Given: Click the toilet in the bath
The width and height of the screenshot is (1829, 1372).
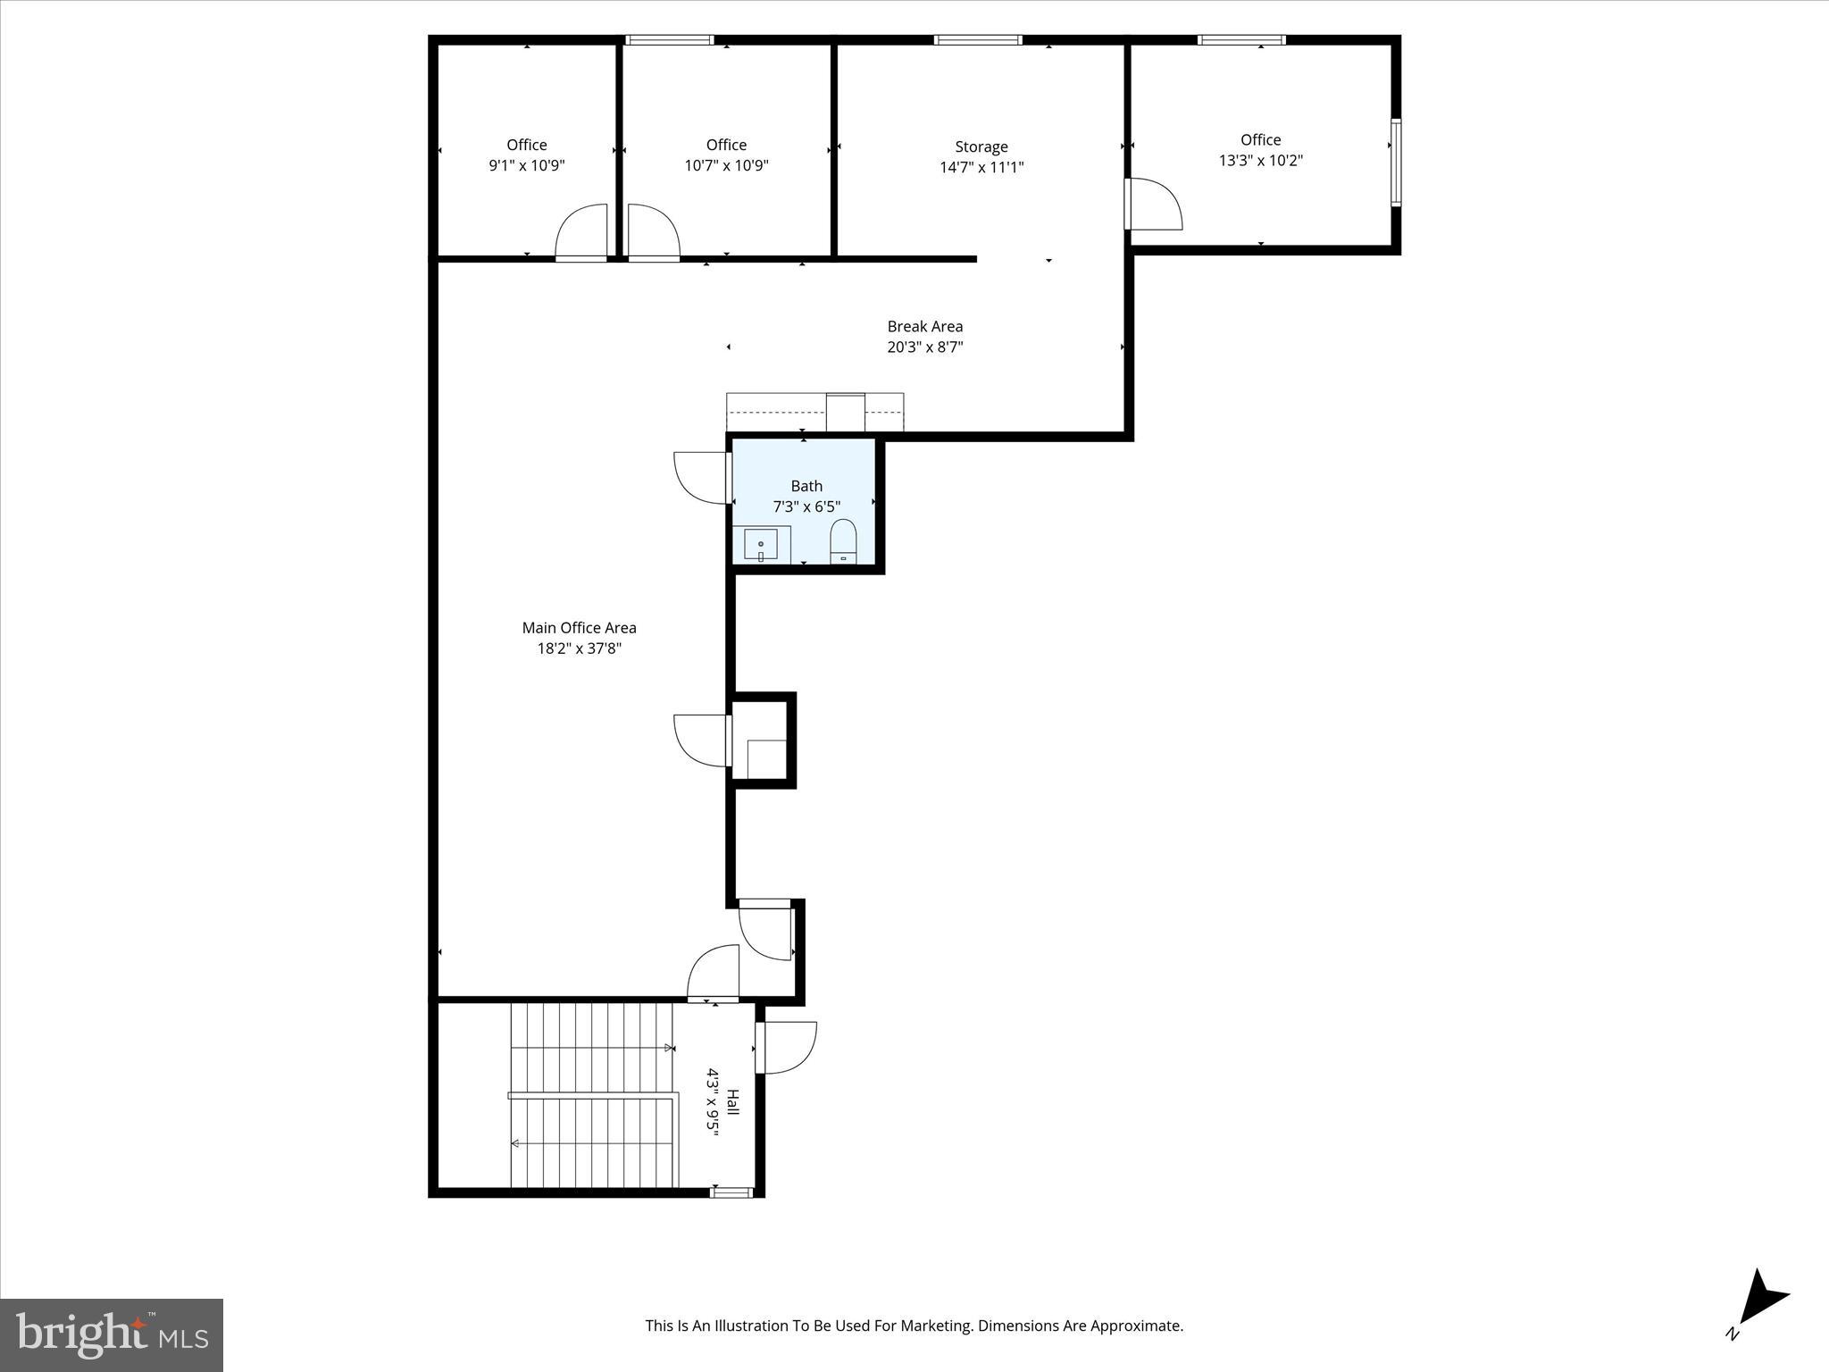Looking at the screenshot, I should [843, 541].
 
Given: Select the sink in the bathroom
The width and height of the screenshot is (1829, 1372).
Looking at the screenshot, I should [761, 544].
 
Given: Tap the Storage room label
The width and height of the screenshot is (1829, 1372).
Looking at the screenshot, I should [981, 146].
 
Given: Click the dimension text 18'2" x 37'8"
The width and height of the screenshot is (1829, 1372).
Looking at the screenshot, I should [579, 648].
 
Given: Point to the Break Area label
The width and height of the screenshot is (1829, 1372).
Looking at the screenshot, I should [924, 326].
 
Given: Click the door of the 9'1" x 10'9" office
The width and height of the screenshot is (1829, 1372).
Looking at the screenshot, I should [581, 233].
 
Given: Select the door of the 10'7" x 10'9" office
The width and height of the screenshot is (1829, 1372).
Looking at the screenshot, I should [654, 233].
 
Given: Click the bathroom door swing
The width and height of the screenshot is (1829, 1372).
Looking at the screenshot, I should [703, 478].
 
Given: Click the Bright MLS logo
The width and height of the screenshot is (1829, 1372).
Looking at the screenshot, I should [112, 1334].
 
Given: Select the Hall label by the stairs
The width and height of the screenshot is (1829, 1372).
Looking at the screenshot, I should [733, 1100].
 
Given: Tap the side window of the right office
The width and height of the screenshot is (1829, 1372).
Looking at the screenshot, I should [1395, 163].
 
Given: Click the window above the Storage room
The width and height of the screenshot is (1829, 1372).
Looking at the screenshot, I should [978, 40].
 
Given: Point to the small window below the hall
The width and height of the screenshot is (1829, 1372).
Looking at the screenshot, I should [731, 1192].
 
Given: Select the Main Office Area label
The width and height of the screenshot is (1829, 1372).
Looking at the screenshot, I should [579, 628].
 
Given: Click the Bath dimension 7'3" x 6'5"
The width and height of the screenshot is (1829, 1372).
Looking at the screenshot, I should [806, 506].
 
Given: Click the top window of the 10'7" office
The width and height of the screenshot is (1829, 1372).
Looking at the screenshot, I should [670, 40].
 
